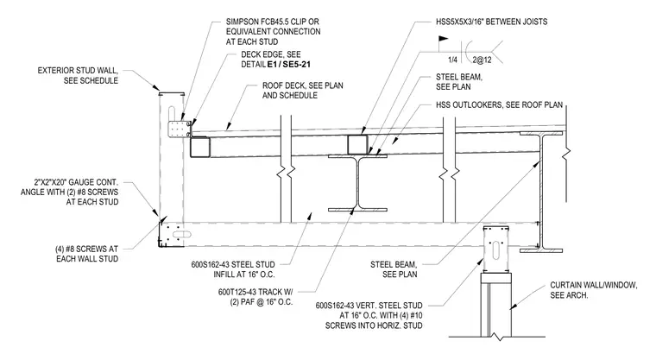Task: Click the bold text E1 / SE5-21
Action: pos(288,65)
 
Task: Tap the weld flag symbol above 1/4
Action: pos(444,40)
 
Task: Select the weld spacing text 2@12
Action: pos(482,60)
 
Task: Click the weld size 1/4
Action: pos(452,60)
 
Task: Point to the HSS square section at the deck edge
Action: pos(200,148)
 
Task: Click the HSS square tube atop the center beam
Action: pos(357,144)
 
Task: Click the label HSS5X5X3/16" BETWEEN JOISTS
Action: pos(492,22)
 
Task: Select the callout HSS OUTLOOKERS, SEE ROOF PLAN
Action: pos(499,104)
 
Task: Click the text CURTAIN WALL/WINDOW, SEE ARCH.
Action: pos(594,290)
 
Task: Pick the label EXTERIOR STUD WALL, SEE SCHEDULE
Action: pos(78,75)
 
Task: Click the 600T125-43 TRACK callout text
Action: pos(255,297)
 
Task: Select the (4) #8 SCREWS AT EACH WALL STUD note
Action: pos(87,254)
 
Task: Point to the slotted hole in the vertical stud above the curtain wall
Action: pos(496,249)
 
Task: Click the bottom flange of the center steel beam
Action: pos(357,210)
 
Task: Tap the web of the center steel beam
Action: pos(357,182)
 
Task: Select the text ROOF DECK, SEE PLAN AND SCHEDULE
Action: pos(302,91)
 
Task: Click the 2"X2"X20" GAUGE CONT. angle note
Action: pos(69,193)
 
